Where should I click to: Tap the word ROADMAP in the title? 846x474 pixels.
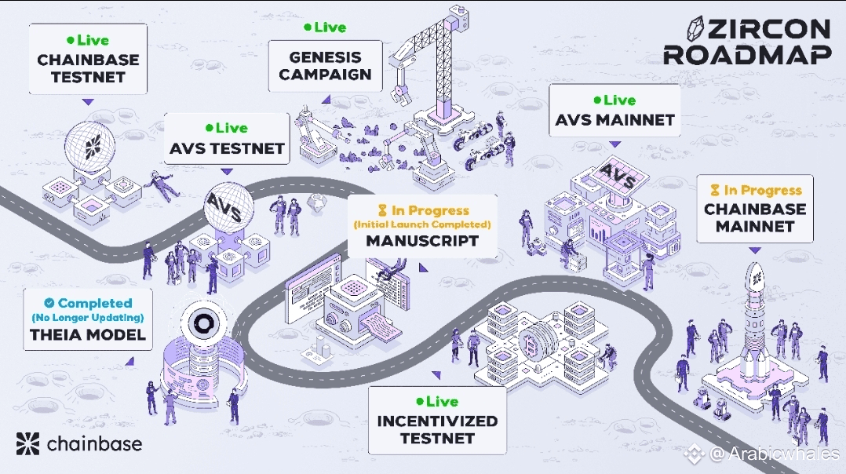[x=748, y=54]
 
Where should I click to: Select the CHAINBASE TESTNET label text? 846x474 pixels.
[x=88, y=68]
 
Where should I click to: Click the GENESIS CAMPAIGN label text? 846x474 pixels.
[x=326, y=65]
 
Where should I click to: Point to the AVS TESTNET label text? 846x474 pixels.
[x=227, y=148]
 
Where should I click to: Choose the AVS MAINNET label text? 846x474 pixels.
[x=614, y=120]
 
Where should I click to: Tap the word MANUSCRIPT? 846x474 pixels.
[x=422, y=240]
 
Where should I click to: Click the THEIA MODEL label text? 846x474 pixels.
[x=88, y=334]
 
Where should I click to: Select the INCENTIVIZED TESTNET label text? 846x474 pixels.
[x=437, y=429]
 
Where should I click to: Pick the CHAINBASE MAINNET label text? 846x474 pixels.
[x=755, y=217]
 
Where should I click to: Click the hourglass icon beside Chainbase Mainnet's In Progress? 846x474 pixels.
[x=715, y=190]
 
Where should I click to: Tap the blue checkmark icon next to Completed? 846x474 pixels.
[x=49, y=303]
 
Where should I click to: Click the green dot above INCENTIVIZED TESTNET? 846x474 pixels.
[x=420, y=401]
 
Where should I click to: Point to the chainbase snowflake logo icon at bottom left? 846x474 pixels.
[x=27, y=444]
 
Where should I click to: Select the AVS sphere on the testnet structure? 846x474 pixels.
[x=229, y=207]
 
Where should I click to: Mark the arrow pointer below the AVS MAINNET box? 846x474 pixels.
[x=615, y=144]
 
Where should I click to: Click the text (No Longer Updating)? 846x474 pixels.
[x=88, y=318]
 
